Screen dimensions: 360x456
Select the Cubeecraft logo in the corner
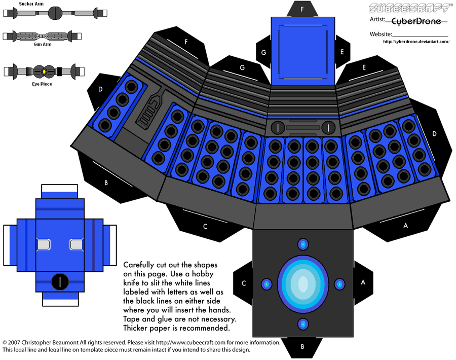(410, 8)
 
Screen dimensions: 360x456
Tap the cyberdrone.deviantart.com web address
(416, 42)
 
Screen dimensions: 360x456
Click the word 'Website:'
(381, 34)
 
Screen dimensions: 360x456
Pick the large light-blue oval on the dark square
(302, 283)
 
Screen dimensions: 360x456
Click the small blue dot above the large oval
(302, 244)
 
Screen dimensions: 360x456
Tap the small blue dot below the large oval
(302, 323)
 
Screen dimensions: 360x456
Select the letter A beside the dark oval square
(363, 283)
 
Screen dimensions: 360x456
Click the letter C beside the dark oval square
(244, 283)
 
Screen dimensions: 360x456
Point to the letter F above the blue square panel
(302, 9)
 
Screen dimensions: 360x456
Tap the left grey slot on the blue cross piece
(43, 245)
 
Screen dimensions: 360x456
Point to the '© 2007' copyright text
(14, 343)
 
